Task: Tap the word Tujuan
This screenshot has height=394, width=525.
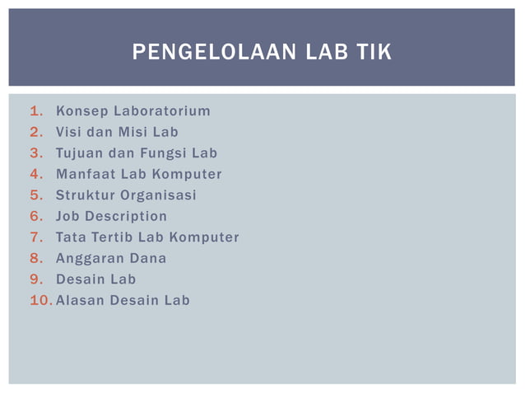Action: [79, 153]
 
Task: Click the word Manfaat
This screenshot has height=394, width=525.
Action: [85, 174]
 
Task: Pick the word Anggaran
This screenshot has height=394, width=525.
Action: [86, 258]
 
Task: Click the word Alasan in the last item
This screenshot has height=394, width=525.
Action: [80, 300]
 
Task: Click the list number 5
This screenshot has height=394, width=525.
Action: [35, 195]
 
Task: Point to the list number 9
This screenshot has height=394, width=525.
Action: [35, 279]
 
